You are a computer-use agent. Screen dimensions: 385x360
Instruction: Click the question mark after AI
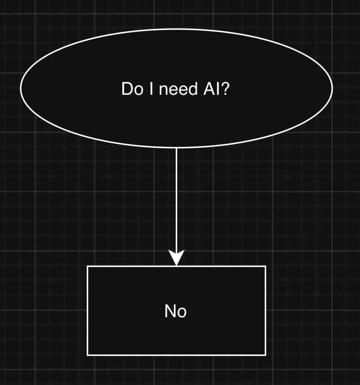pyautogui.click(x=226, y=89)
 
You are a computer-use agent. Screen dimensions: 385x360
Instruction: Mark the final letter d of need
pyautogui.click(x=193, y=89)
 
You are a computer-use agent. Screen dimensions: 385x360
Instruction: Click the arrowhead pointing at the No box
pyautogui.click(x=176, y=259)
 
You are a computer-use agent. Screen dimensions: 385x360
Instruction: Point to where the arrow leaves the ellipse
pyautogui.click(x=176, y=148)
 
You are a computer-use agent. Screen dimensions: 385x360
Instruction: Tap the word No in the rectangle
pyautogui.click(x=176, y=311)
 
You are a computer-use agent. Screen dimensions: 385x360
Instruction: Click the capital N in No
pyautogui.click(x=171, y=311)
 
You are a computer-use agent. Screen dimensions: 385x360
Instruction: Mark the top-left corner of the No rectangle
pyautogui.click(x=87, y=266)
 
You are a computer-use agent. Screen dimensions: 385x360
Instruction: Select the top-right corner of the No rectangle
pyautogui.click(x=266, y=266)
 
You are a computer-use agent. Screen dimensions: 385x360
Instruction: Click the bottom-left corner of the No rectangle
pyautogui.click(x=87, y=355)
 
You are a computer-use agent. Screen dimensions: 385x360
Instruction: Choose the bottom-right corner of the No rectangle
pyautogui.click(x=266, y=355)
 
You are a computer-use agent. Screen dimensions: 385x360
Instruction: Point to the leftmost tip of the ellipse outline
pyautogui.click(x=21, y=88)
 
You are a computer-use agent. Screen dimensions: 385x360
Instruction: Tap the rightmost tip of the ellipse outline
pyautogui.click(x=332, y=88)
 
